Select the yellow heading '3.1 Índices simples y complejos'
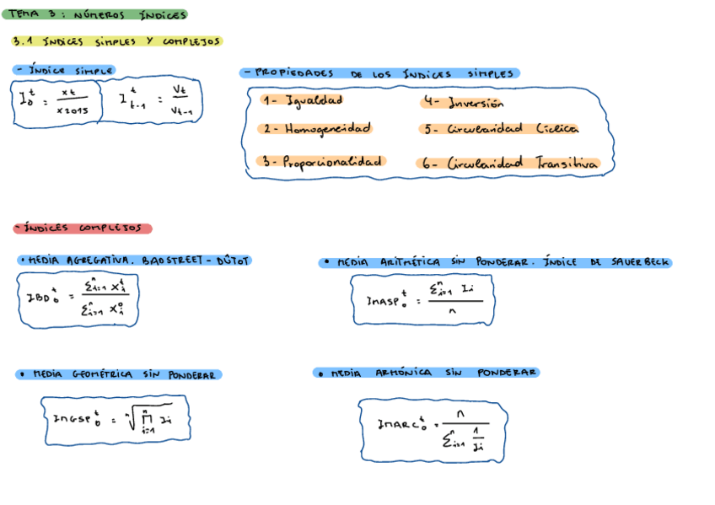(116, 40)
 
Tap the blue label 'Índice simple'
(65, 71)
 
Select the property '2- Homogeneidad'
(315, 129)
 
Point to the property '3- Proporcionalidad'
(321, 161)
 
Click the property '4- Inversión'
(463, 104)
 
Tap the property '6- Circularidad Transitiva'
(508, 164)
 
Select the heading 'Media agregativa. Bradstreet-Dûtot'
(134, 261)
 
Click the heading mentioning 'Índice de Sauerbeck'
(495, 262)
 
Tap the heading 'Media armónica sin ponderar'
(426, 373)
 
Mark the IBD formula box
(78, 299)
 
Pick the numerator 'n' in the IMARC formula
(460, 413)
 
